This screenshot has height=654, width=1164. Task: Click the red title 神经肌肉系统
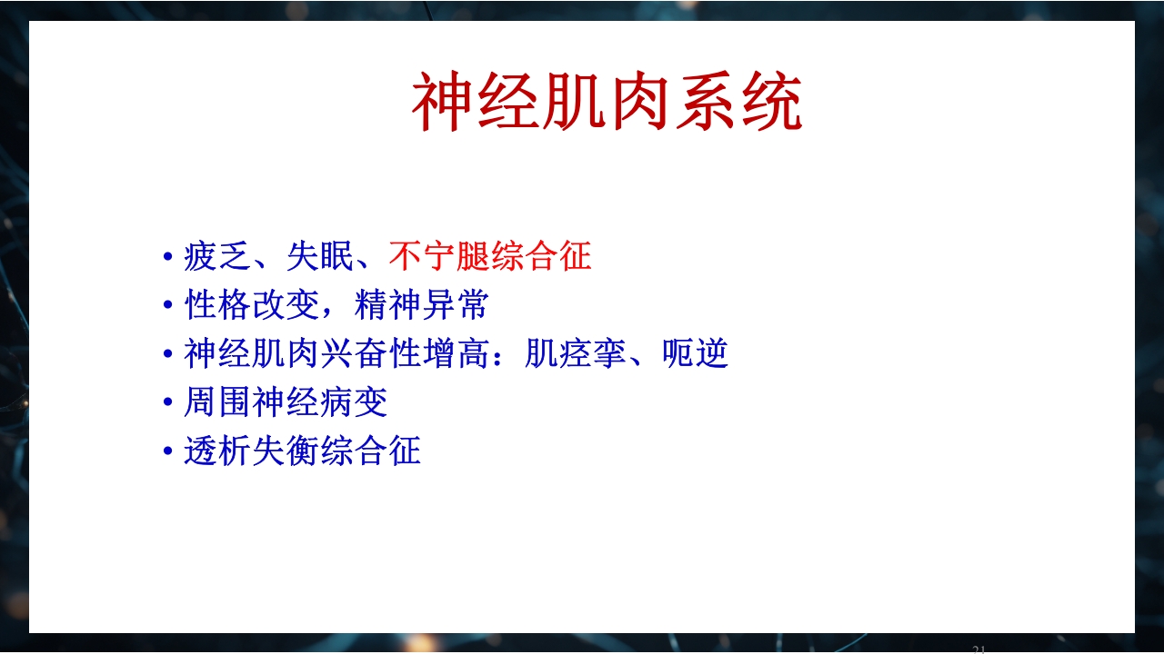[607, 103]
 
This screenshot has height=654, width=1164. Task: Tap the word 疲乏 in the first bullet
[217, 257]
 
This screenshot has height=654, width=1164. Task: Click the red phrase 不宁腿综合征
[489, 257]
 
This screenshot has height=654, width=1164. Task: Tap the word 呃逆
[695, 353]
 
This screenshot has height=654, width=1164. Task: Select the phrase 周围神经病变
[286, 401]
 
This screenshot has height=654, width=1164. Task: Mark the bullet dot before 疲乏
[167, 258]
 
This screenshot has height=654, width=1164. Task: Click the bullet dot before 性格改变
[167, 306]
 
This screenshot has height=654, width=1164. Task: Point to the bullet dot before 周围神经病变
[167, 402]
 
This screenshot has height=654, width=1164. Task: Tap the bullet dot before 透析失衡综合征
[167, 451]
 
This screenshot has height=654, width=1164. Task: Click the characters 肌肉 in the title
[607, 103]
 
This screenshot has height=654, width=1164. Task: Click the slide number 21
[978, 649]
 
